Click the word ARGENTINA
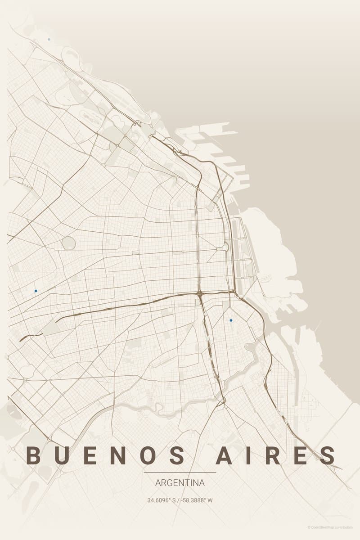click(180, 483)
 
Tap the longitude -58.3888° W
click(197, 500)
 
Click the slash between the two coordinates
click(179, 500)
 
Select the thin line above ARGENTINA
click(180, 472)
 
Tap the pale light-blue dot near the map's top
click(49, 40)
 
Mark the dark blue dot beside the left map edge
click(36, 291)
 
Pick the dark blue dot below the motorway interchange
click(231, 320)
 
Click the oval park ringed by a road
click(68, 243)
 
